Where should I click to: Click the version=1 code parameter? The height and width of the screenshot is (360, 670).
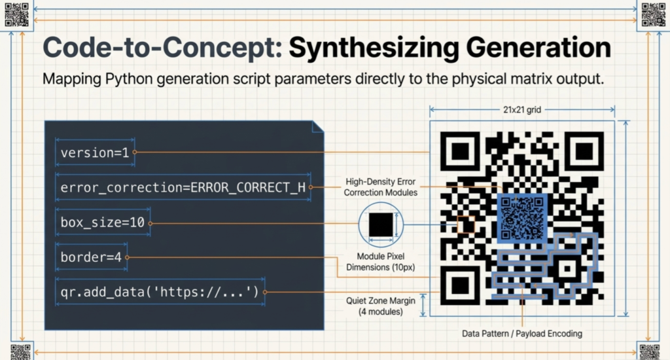click(x=95, y=153)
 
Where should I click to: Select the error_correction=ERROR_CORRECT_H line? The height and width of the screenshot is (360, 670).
click(x=183, y=188)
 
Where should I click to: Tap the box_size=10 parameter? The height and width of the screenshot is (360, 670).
click(x=103, y=223)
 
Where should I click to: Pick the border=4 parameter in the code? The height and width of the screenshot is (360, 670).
click(x=91, y=257)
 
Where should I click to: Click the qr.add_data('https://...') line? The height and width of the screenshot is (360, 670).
click(x=160, y=292)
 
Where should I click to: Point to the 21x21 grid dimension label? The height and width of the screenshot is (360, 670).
click(x=522, y=110)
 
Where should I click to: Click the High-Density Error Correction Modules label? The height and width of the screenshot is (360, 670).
click(x=380, y=187)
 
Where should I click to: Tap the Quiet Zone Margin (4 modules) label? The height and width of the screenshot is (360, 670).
click(x=380, y=306)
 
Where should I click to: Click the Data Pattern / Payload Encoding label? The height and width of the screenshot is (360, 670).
click(x=521, y=334)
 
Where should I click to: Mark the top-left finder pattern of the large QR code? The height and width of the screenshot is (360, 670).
click(x=461, y=151)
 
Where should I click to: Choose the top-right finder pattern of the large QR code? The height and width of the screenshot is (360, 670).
click(x=584, y=151)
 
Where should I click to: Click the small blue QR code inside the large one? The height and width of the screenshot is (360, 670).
click(x=522, y=218)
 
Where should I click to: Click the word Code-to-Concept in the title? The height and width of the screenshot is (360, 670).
click(x=162, y=47)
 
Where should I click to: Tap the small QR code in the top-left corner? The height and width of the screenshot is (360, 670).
click(x=16, y=14)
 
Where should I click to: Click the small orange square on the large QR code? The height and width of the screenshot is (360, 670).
click(x=466, y=225)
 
